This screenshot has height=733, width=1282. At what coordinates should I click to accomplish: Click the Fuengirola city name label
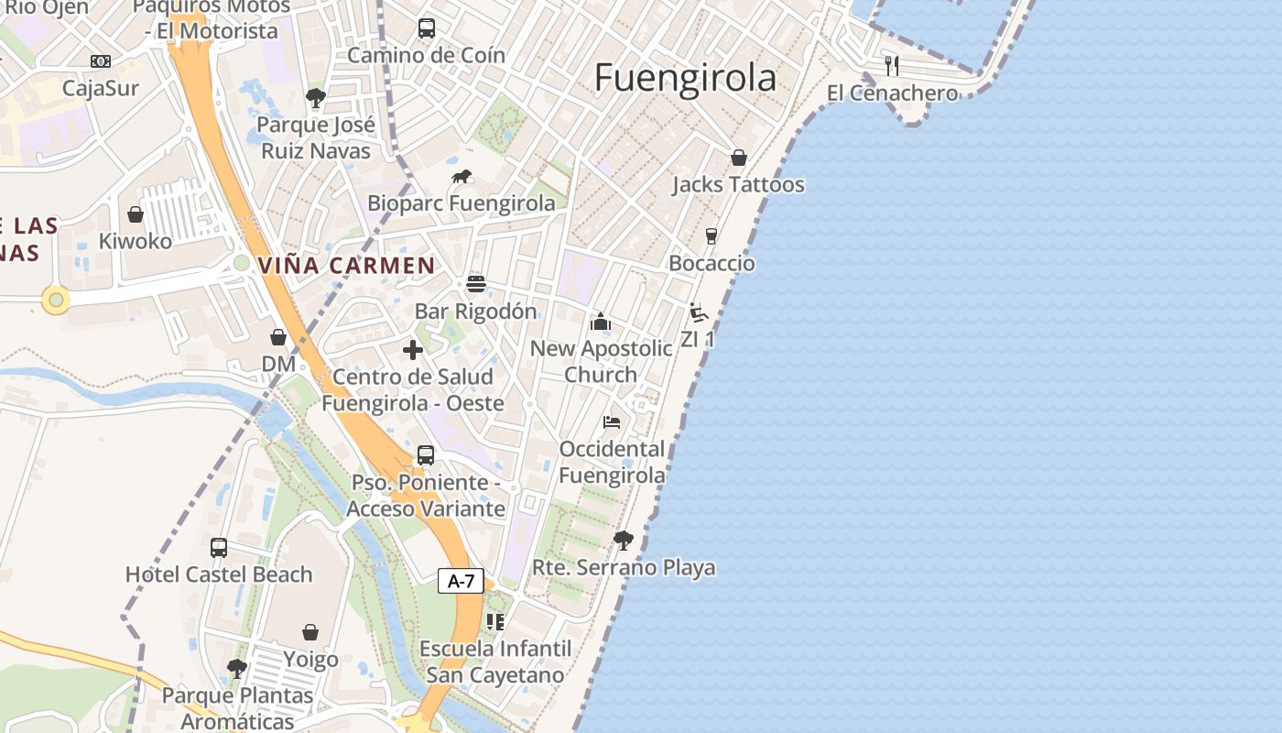tap(685, 78)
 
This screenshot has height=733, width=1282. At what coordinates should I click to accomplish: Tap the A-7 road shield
tap(461, 580)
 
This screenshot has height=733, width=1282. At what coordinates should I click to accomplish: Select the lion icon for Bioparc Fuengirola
tap(462, 176)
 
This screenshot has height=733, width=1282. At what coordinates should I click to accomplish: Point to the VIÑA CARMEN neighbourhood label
tap(346, 266)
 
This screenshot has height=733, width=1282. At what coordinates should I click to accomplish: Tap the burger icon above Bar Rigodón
tap(475, 283)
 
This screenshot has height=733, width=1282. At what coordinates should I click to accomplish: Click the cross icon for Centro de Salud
tap(413, 349)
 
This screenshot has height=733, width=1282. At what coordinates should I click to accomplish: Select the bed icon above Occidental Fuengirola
tap(612, 421)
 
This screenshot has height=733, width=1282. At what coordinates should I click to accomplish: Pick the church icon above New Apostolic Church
tap(601, 321)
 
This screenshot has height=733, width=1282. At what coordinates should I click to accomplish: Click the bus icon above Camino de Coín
tap(427, 27)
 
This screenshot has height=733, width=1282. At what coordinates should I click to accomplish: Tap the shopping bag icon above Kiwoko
tap(136, 214)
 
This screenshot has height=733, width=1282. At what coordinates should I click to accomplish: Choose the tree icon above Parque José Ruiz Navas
tap(315, 97)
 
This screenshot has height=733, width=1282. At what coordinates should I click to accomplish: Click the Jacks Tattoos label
tap(738, 184)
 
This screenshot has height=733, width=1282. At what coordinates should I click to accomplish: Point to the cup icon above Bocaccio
tap(712, 236)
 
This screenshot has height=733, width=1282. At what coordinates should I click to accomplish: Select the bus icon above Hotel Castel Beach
tap(219, 547)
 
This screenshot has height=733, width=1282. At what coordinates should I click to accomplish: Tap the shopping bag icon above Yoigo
tap(310, 632)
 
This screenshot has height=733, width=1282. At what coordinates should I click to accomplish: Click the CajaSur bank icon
tap(101, 61)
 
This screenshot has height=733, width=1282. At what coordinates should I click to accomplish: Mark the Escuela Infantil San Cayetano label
tap(495, 662)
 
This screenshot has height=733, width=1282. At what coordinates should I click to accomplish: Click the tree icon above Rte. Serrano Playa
tap(624, 540)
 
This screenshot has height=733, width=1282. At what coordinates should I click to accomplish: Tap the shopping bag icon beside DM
tap(278, 337)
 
